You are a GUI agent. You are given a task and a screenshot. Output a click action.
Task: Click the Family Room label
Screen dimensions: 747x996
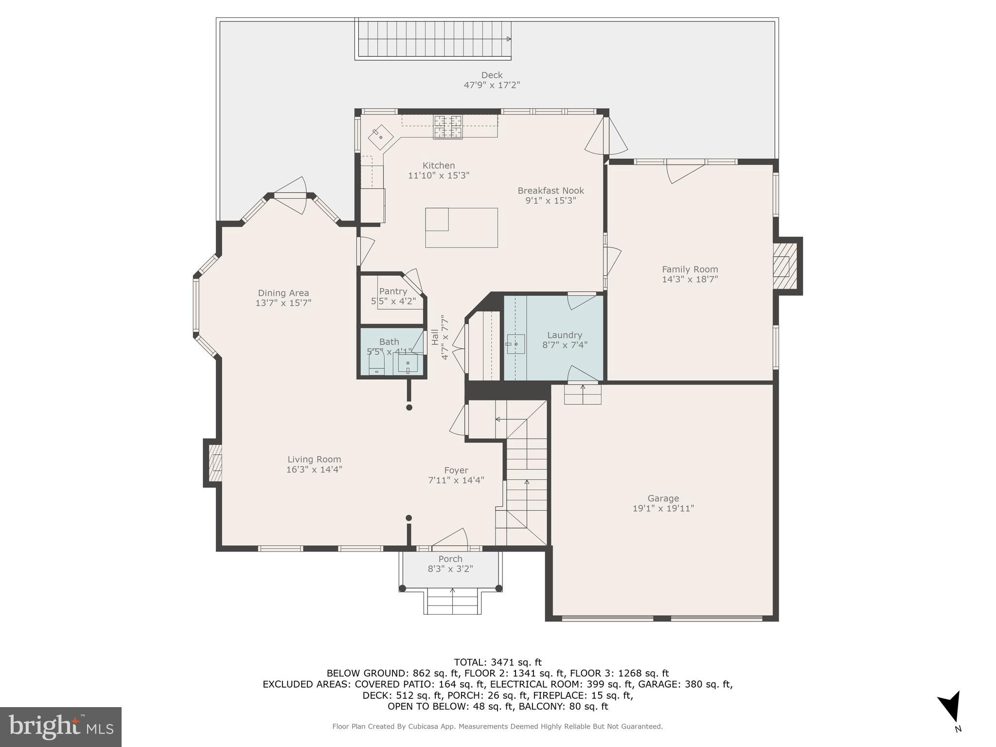(690, 269)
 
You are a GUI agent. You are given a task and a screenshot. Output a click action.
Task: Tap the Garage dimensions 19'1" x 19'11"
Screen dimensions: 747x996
(663, 508)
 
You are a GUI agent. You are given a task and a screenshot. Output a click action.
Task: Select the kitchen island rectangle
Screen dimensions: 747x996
(462, 228)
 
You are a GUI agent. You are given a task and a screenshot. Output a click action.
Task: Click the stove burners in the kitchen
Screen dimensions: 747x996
(447, 127)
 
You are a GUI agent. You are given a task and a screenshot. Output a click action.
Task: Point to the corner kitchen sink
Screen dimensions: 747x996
(380, 137)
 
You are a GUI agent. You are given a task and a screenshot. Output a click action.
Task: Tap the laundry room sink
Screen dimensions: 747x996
(516, 344)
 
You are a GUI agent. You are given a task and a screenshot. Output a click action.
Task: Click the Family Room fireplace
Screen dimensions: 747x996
(784, 266)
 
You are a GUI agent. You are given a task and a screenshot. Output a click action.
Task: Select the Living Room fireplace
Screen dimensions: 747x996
(213, 462)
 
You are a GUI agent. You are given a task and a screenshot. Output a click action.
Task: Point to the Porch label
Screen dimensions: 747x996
(450, 559)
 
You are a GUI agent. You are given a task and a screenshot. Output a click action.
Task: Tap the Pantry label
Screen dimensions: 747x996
(393, 291)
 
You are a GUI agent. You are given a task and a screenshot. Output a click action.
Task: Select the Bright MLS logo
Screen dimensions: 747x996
(61, 727)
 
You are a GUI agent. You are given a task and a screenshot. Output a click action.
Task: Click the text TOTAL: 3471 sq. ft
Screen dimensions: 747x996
(498, 662)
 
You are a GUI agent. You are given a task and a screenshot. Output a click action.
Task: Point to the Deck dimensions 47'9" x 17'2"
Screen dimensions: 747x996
(492, 85)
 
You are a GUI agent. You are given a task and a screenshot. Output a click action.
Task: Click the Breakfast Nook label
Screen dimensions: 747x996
(551, 191)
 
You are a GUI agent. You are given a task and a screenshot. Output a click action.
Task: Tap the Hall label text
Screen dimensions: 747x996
(434, 338)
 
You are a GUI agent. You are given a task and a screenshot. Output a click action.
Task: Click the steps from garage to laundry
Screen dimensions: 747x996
(583, 394)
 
